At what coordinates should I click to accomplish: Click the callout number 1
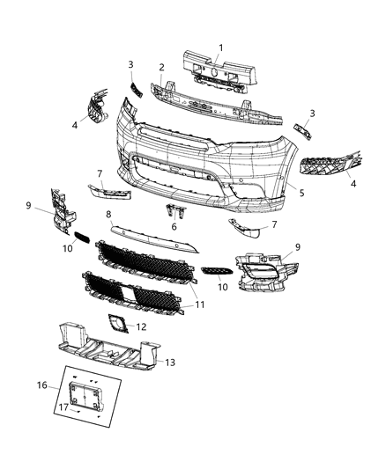coord(221,47)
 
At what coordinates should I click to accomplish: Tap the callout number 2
coord(162,67)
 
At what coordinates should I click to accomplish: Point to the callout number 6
coord(174,227)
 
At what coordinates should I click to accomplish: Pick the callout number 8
coord(108,214)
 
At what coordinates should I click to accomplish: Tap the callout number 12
coord(140,326)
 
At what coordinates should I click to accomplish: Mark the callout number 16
coord(42,385)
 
